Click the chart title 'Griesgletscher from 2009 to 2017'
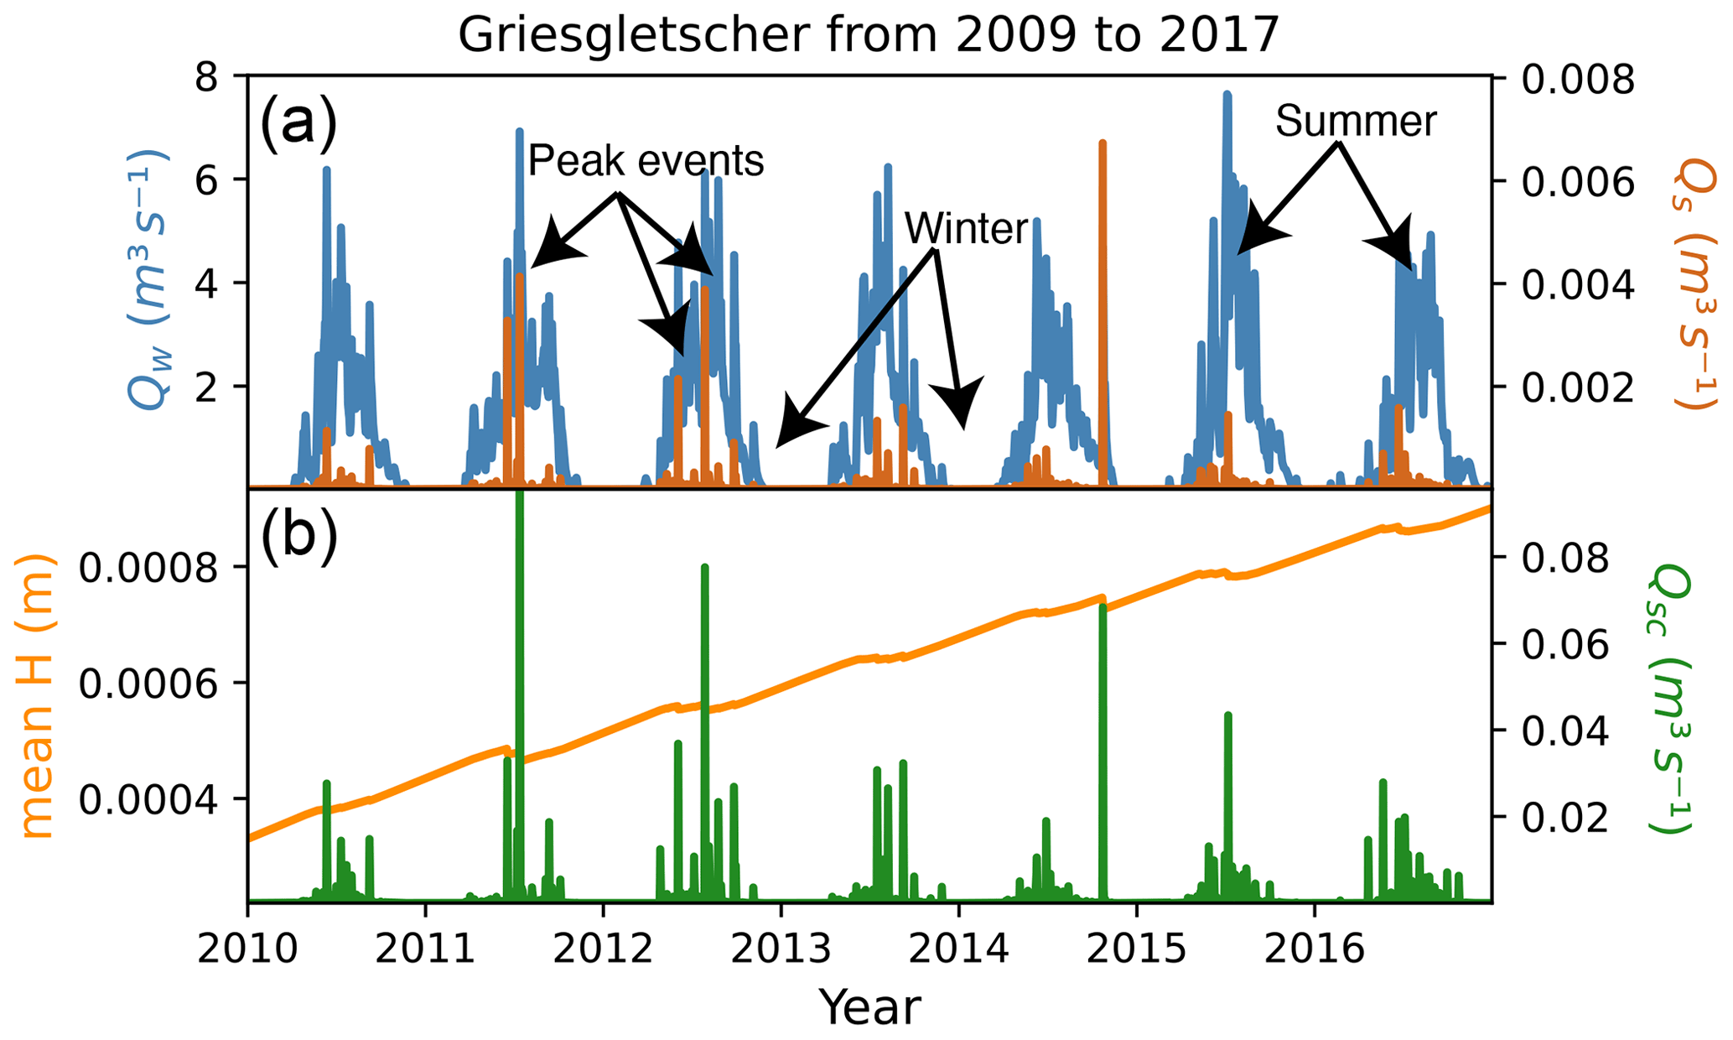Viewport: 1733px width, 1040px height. (869, 35)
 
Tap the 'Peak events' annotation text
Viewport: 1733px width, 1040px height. (646, 160)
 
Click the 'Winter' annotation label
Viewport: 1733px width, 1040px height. (967, 228)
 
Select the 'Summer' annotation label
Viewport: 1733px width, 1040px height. (1356, 122)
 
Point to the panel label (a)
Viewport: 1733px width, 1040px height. (298, 122)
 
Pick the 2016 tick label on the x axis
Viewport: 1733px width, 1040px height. (1315, 951)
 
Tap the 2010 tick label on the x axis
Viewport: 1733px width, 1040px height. (248, 951)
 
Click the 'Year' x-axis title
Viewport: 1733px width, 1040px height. (869, 1007)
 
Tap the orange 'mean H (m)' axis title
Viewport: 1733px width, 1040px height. (36, 696)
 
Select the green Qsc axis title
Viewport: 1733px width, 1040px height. (1668, 698)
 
